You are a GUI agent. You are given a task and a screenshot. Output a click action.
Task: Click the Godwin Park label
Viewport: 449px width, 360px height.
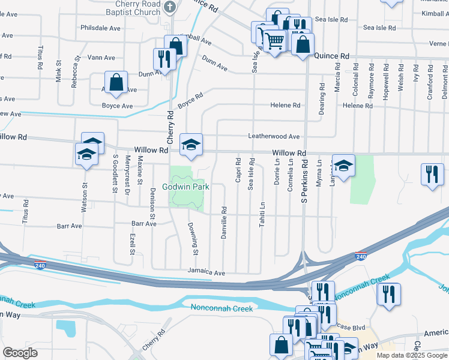pyautogui.click(x=188, y=187)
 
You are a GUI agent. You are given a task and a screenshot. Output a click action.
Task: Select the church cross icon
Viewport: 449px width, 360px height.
pyautogui.click(x=170, y=7)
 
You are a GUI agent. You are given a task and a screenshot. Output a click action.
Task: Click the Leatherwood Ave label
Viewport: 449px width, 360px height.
pyautogui.click(x=274, y=137)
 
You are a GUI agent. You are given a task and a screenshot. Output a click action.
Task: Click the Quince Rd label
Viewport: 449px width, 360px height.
pyautogui.click(x=331, y=56)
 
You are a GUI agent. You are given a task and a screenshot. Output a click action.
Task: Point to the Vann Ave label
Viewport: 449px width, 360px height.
pyautogui.click(x=101, y=58)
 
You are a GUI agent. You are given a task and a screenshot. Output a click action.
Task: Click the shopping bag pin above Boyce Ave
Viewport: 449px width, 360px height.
pyautogui.click(x=116, y=83)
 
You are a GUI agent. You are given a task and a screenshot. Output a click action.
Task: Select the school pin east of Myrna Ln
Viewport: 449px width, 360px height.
pyautogui.click(x=343, y=166)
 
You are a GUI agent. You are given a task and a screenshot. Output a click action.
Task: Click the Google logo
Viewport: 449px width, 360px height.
pyautogui.click(x=20, y=353)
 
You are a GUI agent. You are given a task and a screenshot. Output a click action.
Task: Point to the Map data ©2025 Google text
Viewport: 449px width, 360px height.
pyautogui.click(x=412, y=355)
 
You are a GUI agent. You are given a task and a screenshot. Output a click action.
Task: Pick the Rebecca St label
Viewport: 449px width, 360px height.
pyautogui.click(x=75, y=72)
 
